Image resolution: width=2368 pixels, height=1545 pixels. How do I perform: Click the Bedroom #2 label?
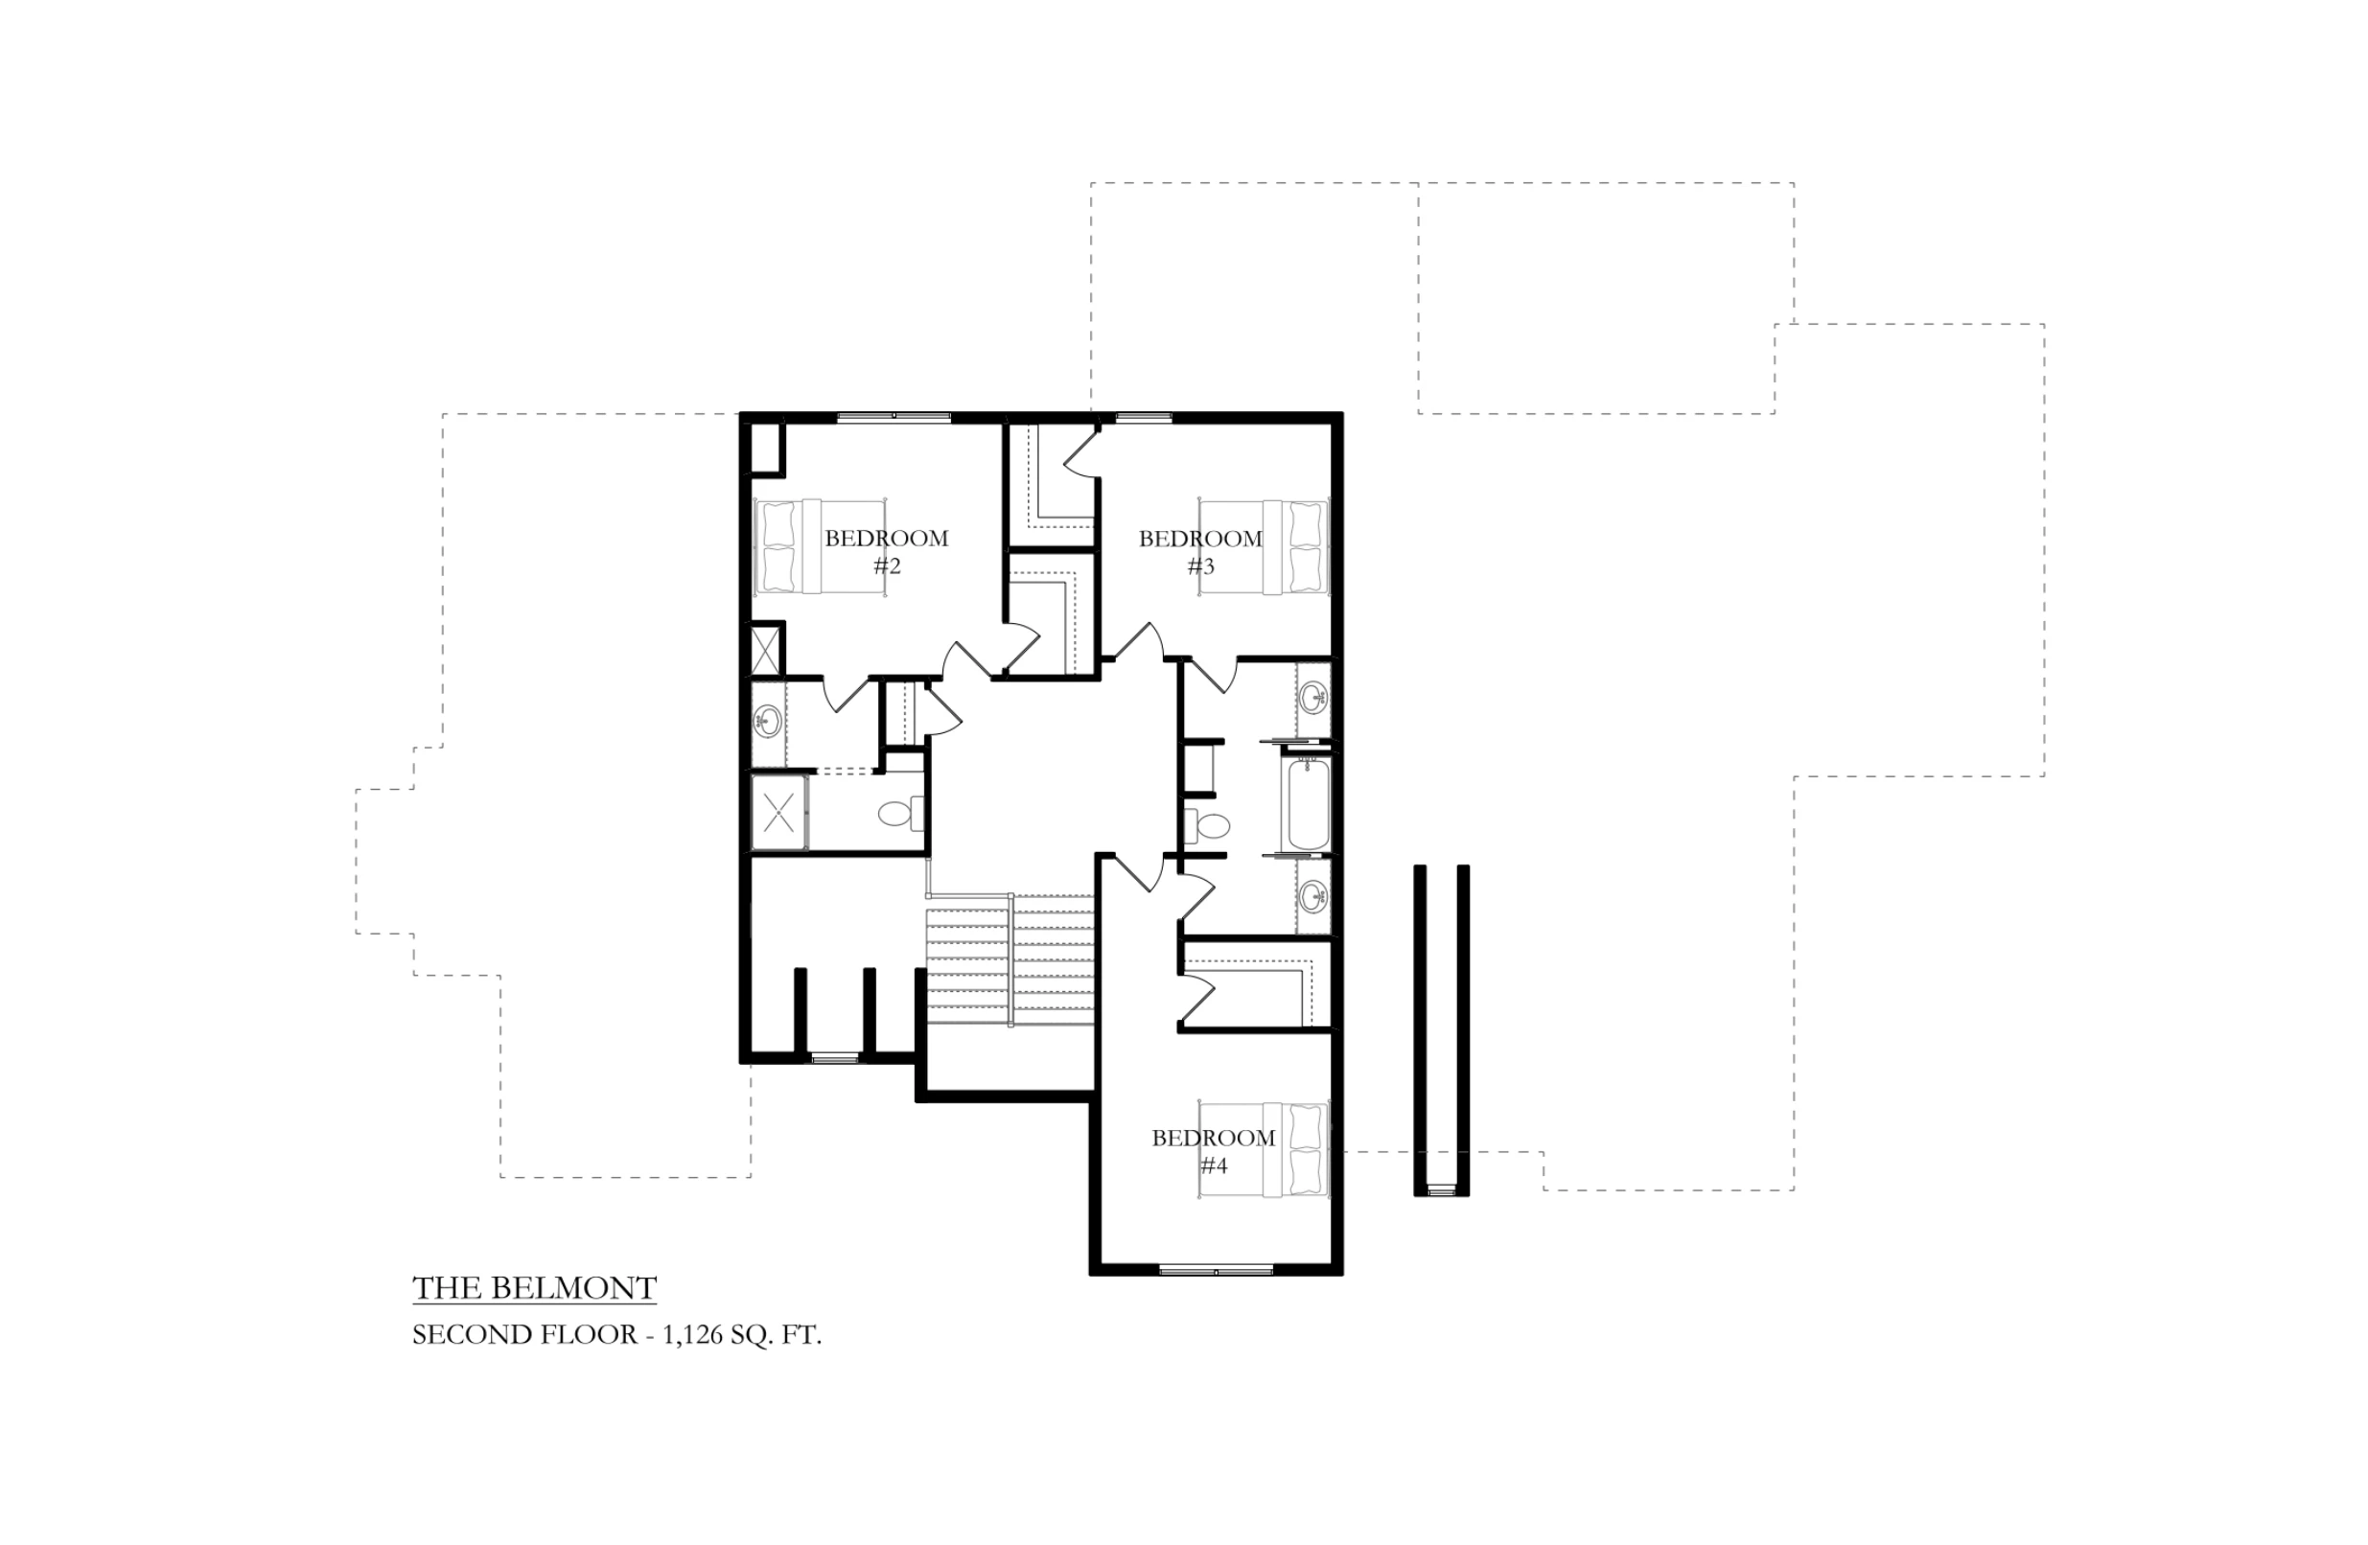point(887,552)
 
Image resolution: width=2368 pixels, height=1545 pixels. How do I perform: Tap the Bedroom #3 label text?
point(1201,552)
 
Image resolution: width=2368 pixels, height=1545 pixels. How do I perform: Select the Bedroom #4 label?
point(1214,1152)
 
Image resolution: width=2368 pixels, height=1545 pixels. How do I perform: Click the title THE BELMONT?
point(535,1288)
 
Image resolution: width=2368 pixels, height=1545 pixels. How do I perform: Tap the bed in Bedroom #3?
point(1264,547)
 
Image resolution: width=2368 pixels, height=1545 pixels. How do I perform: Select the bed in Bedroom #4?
point(1264,1150)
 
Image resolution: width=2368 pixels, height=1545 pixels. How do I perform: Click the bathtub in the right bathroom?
point(1310,804)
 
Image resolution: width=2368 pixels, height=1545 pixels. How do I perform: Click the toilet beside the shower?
point(900,814)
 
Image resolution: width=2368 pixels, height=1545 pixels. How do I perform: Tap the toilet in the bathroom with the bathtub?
point(1206,826)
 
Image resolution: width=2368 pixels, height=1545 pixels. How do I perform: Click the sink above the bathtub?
point(1314,696)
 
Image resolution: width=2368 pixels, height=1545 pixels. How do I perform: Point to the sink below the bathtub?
point(1314,896)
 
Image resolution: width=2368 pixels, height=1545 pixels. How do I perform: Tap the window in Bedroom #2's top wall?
point(894,416)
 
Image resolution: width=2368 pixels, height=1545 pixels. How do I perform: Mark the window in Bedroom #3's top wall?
point(1143,416)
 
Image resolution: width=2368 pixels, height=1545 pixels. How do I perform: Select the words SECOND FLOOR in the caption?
point(525,1335)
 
